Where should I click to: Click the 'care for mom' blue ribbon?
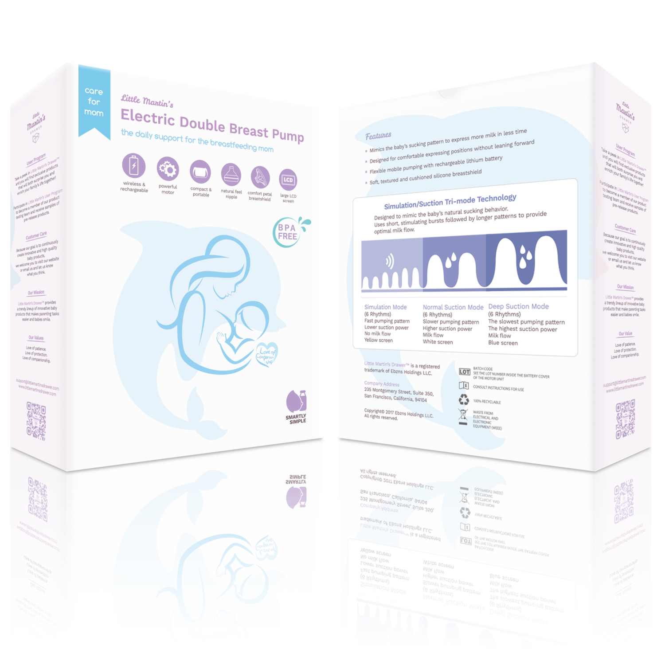click(x=94, y=102)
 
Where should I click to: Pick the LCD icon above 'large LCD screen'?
click(x=288, y=180)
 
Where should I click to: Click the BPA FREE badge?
click(x=287, y=232)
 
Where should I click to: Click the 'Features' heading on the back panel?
click(x=378, y=136)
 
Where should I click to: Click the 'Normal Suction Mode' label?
click(x=453, y=307)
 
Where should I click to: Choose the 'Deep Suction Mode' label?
click(x=518, y=306)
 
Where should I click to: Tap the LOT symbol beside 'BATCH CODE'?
click(x=464, y=372)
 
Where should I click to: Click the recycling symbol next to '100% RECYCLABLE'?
click(x=464, y=400)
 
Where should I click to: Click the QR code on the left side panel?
click(x=36, y=421)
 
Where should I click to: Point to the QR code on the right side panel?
click(x=625, y=419)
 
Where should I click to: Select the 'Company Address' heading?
click(x=382, y=383)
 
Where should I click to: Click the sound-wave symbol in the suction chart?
click(x=390, y=261)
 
